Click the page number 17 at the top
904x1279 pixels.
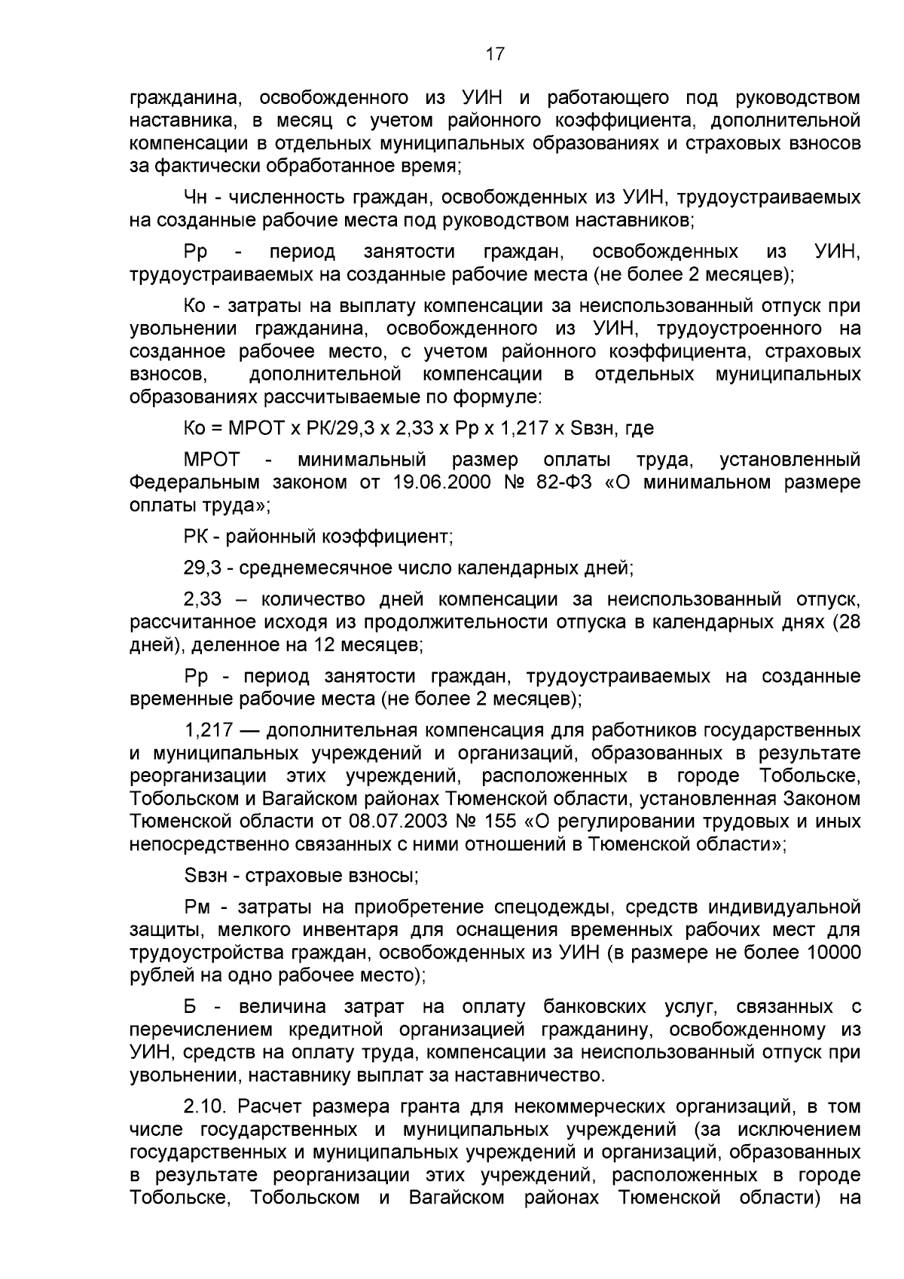pos(494,54)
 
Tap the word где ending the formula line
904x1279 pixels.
pos(639,428)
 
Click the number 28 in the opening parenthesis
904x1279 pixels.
pos(850,623)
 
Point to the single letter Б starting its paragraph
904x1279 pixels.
pos(191,1007)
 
